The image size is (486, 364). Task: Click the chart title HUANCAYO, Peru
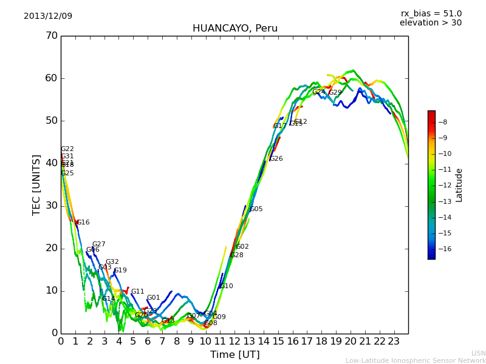point(234,29)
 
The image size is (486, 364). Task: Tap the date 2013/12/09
point(48,16)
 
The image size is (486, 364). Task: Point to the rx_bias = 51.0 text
point(431,14)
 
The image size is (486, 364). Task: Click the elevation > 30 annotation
point(430,23)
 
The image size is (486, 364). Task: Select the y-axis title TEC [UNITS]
point(37,184)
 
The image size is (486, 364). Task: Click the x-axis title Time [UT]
point(234,355)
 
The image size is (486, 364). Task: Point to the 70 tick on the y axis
point(51,36)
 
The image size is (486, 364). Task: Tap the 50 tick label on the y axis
point(51,121)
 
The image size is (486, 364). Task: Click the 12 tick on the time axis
point(234,342)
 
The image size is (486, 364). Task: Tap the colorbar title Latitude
point(459,185)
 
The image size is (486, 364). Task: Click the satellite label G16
point(83,223)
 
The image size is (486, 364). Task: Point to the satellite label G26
point(276,159)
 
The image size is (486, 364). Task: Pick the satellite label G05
point(256,209)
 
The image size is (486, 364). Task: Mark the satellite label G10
point(227,286)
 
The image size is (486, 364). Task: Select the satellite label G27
point(99,244)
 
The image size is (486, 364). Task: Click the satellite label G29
point(335,93)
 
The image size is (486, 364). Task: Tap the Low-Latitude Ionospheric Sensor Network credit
point(416,360)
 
